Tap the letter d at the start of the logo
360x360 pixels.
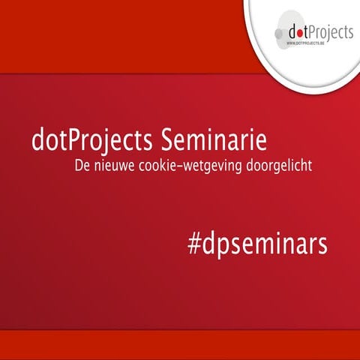290,31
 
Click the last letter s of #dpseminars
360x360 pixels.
323,244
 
